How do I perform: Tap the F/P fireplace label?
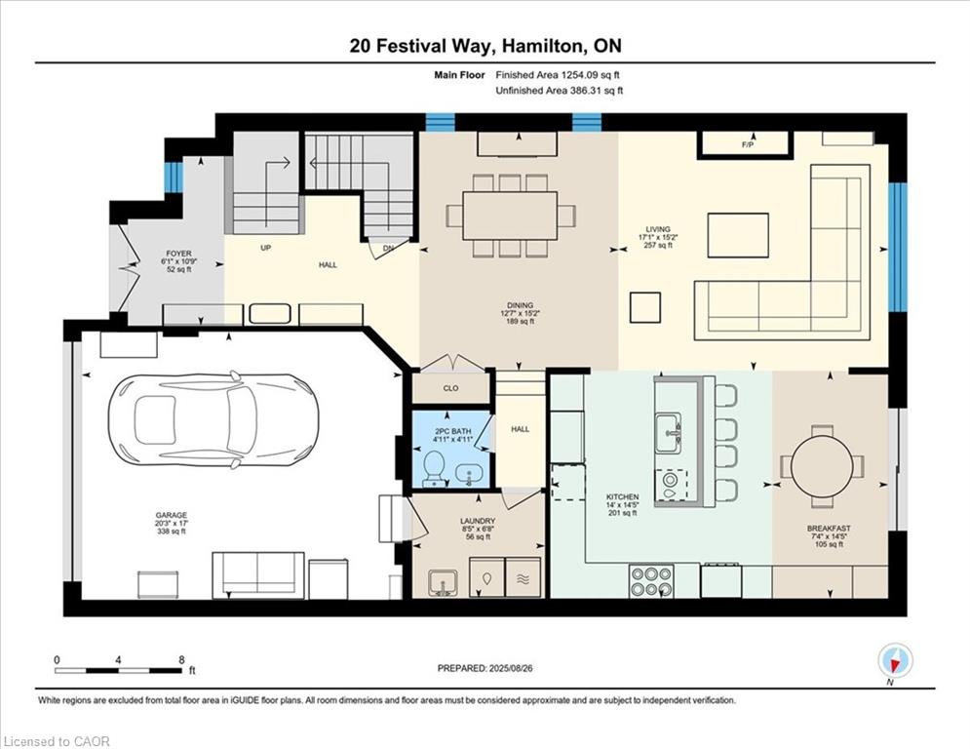(748, 145)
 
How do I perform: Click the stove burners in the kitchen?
(650, 580)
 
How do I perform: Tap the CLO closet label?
(450, 388)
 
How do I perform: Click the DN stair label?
(389, 249)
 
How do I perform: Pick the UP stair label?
(265, 249)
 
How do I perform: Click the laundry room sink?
(442, 581)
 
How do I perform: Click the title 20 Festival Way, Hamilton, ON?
(485, 46)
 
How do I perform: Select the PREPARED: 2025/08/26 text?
(485, 668)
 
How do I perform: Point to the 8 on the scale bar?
(181, 659)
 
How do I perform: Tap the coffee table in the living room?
(737, 235)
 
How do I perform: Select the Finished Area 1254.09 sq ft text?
(559, 75)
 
